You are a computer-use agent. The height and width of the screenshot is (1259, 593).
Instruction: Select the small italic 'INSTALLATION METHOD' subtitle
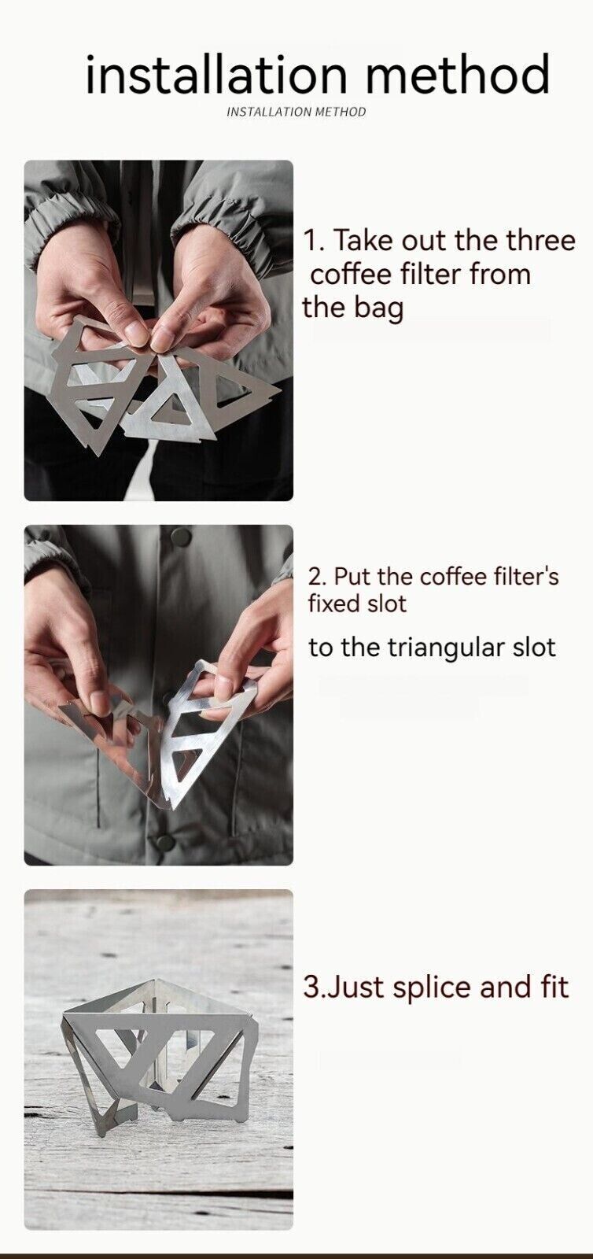coord(296,112)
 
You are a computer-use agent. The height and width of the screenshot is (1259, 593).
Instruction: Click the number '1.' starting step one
coord(312,241)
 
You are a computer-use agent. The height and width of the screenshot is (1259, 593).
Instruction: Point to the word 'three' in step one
coord(540,241)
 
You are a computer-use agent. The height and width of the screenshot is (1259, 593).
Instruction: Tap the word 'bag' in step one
coord(377,307)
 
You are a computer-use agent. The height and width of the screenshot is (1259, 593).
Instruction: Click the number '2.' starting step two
coord(317,576)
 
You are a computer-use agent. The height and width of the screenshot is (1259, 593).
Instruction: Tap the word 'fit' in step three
coord(553,987)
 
